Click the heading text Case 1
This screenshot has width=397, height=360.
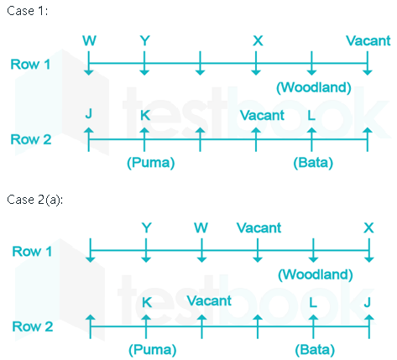[27, 11]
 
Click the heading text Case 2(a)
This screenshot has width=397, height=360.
[35, 200]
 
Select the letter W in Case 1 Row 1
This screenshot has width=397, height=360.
[89, 41]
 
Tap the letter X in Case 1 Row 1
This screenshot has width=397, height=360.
[258, 41]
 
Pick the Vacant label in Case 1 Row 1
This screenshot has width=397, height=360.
[368, 41]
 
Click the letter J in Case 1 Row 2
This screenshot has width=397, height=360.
[89, 114]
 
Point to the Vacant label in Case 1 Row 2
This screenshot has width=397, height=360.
[262, 116]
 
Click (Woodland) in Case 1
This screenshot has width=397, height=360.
[314, 87]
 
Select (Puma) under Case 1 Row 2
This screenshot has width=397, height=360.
[151, 163]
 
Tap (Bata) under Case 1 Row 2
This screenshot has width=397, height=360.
[313, 163]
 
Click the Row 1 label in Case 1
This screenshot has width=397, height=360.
[30, 65]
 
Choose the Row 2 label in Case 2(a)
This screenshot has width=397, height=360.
[33, 326]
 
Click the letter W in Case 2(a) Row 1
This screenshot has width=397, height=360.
[201, 227]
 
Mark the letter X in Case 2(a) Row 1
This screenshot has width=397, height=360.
[368, 227]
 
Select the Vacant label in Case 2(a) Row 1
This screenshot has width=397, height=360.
[259, 227]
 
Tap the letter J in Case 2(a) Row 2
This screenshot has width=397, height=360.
[368, 302]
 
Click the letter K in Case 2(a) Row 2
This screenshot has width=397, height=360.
[147, 302]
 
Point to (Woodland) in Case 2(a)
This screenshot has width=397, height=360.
[316, 274]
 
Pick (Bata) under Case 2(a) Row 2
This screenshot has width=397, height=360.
[315, 349]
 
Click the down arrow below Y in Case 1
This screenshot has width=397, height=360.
[144, 63]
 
